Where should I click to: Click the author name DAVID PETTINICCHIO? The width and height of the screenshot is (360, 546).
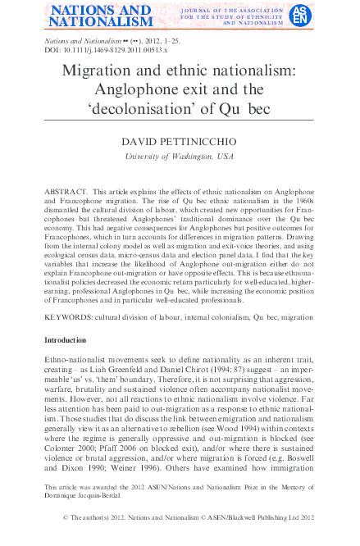[x=180, y=143]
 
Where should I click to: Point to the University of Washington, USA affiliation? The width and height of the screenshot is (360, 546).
[x=180, y=156]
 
